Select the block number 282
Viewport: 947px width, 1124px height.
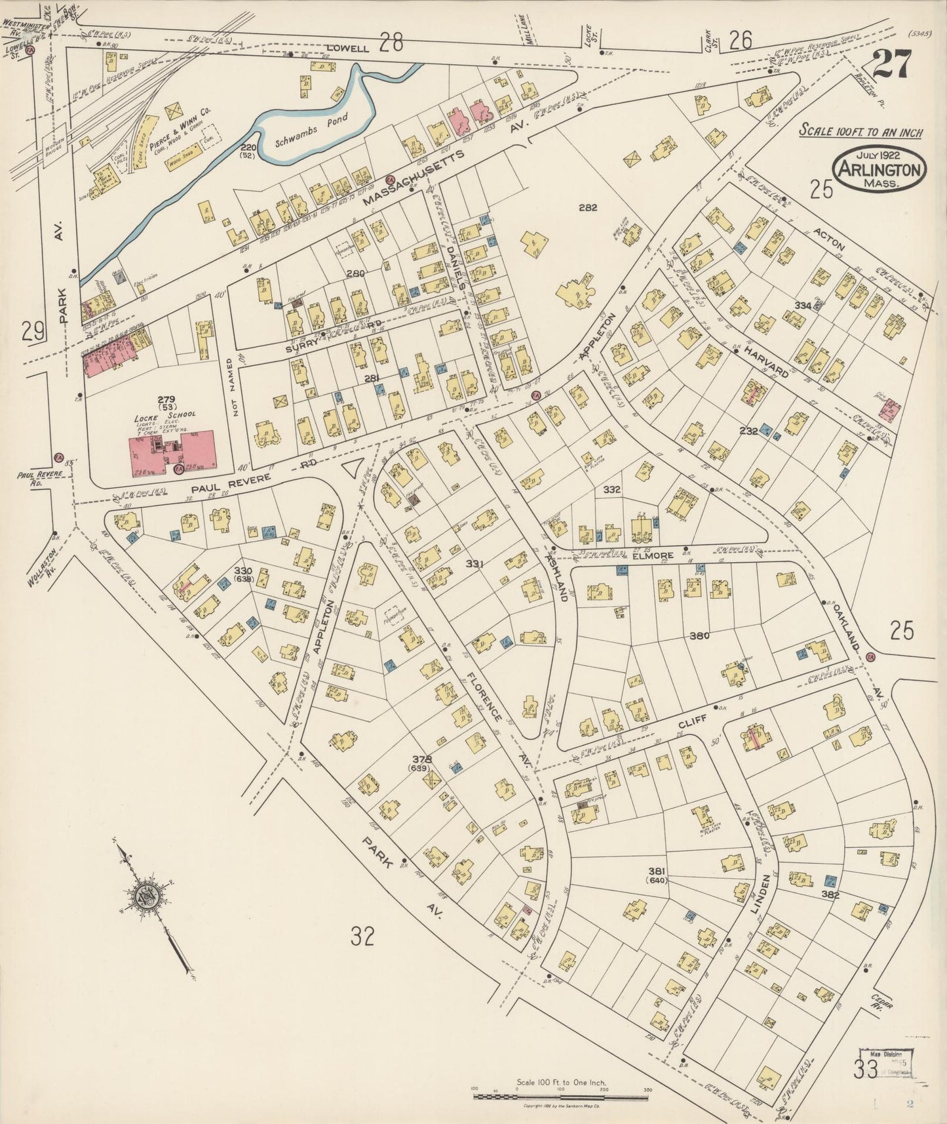tap(588, 208)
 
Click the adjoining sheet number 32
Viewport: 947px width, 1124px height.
tap(362, 938)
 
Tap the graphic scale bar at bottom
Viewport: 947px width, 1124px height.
tap(560, 1096)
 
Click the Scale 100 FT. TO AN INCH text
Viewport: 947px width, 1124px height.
tap(860, 131)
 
